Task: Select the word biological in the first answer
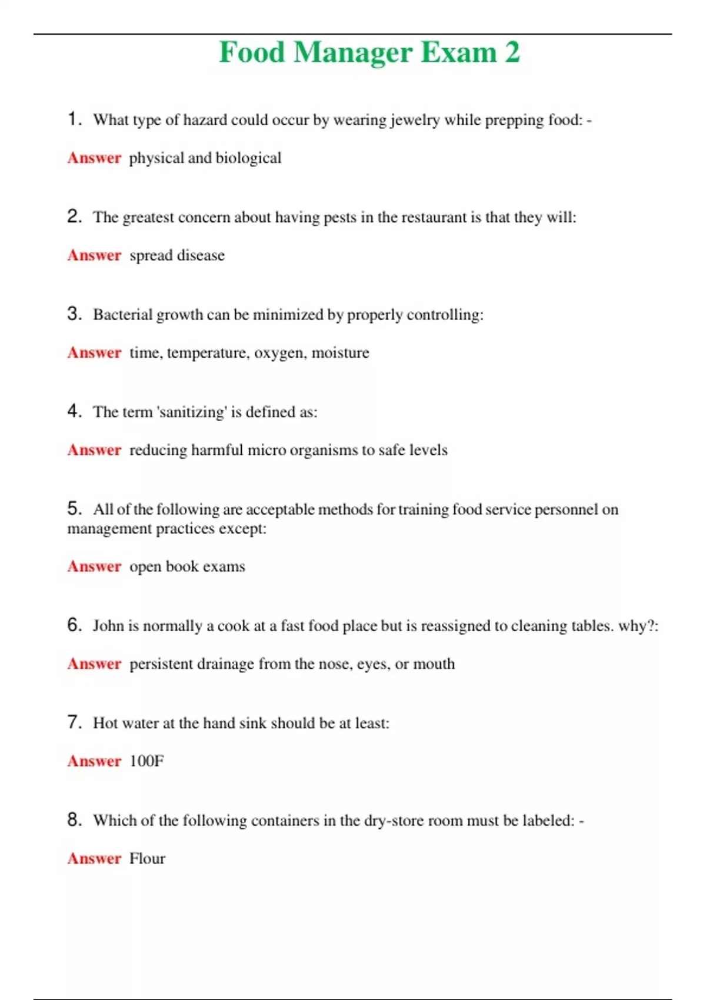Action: (x=248, y=158)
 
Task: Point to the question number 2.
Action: (x=74, y=216)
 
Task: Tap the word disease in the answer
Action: (x=201, y=255)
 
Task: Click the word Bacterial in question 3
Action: (x=122, y=315)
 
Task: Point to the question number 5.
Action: (x=74, y=508)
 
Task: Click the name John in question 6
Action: (x=108, y=626)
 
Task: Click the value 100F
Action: (x=146, y=761)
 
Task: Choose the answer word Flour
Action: (x=147, y=859)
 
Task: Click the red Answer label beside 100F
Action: (x=94, y=761)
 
